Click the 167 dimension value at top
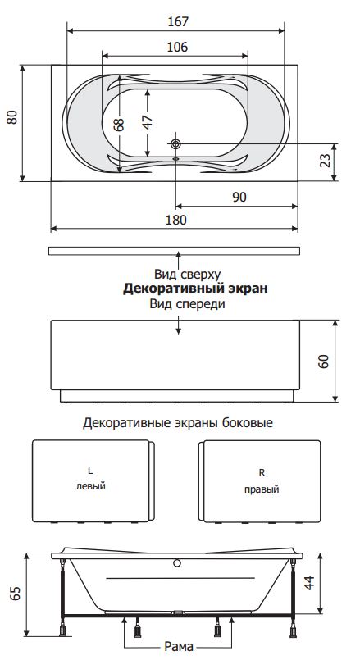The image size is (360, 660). [178, 21]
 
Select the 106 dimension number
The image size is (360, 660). [177, 47]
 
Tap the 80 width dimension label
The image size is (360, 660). [12, 116]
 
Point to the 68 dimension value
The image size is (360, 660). [120, 124]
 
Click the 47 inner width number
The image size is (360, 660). [147, 122]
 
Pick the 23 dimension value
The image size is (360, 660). [325, 160]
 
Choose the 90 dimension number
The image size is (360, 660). [239, 197]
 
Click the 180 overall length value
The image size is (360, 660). [176, 220]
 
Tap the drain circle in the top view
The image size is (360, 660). [175, 144]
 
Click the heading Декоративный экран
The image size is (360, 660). [195, 289]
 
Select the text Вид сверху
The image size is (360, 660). [187, 275]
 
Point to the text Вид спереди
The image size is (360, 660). [187, 303]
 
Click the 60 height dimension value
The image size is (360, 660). [323, 361]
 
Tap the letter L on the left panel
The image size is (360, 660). [90, 470]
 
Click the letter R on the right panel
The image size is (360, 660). [262, 473]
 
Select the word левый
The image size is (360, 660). [90, 486]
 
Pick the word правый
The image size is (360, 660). [262, 489]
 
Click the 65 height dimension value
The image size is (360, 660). [15, 594]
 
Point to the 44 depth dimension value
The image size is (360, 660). [309, 583]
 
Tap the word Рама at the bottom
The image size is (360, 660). [179, 646]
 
